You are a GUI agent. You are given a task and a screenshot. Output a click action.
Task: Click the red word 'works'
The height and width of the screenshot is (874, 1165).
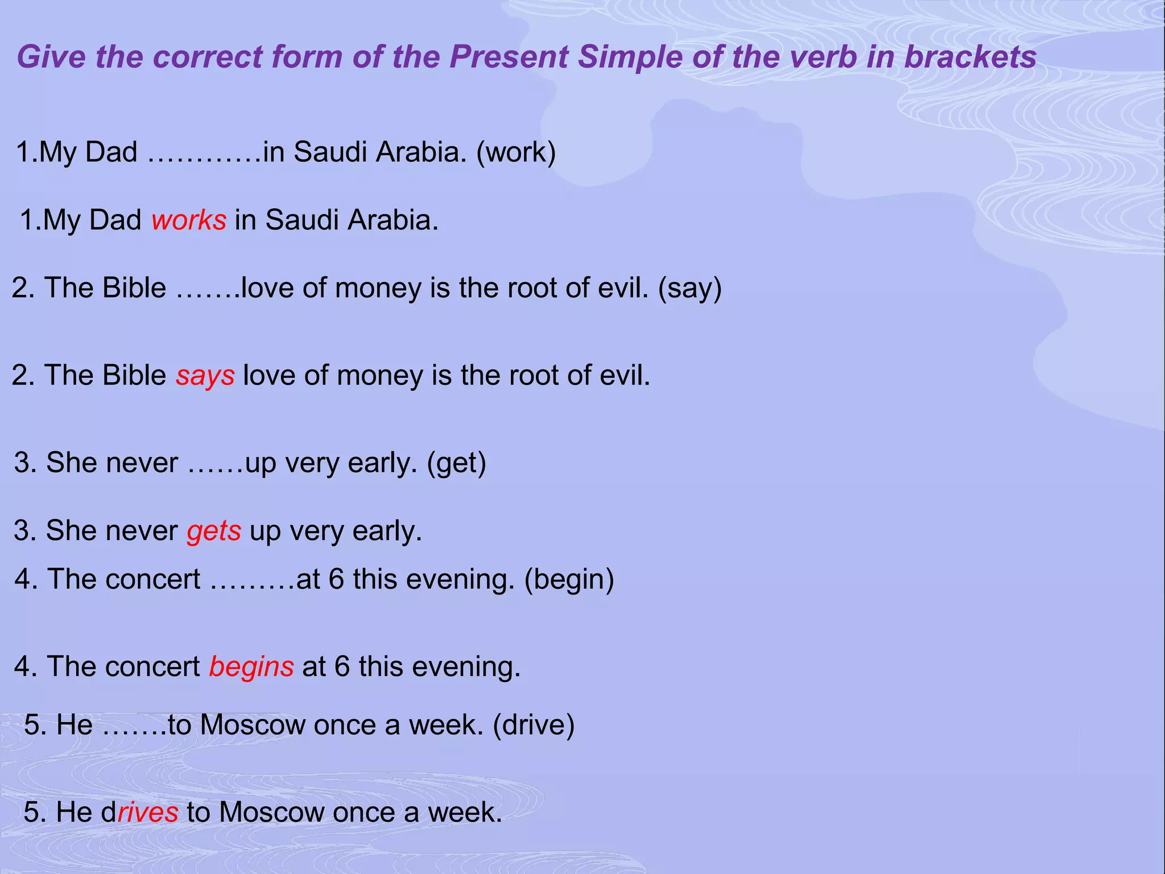189,220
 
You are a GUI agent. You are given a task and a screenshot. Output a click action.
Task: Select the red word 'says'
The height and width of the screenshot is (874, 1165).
205,376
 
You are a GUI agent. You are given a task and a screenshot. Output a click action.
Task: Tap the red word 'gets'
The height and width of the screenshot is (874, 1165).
214,531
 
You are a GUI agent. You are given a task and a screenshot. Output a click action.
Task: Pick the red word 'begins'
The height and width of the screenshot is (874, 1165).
251,667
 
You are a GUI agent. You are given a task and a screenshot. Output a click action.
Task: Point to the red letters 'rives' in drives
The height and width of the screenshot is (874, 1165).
148,812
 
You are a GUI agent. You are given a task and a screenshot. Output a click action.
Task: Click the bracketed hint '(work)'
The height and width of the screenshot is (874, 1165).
516,152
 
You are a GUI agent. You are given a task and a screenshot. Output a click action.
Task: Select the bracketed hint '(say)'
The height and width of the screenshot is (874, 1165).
690,288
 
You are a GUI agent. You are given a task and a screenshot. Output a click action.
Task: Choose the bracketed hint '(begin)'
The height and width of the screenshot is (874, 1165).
569,579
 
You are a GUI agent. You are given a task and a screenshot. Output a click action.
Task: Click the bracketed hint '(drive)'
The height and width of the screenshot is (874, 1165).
534,725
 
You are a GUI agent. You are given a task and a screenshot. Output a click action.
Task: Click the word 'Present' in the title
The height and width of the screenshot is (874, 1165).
509,57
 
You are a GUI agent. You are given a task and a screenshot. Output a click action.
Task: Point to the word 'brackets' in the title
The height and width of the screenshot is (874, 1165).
970,57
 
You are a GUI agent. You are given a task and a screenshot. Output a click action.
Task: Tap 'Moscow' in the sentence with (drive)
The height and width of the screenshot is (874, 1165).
253,725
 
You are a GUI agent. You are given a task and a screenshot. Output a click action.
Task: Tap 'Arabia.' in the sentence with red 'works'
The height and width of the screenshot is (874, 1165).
393,220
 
